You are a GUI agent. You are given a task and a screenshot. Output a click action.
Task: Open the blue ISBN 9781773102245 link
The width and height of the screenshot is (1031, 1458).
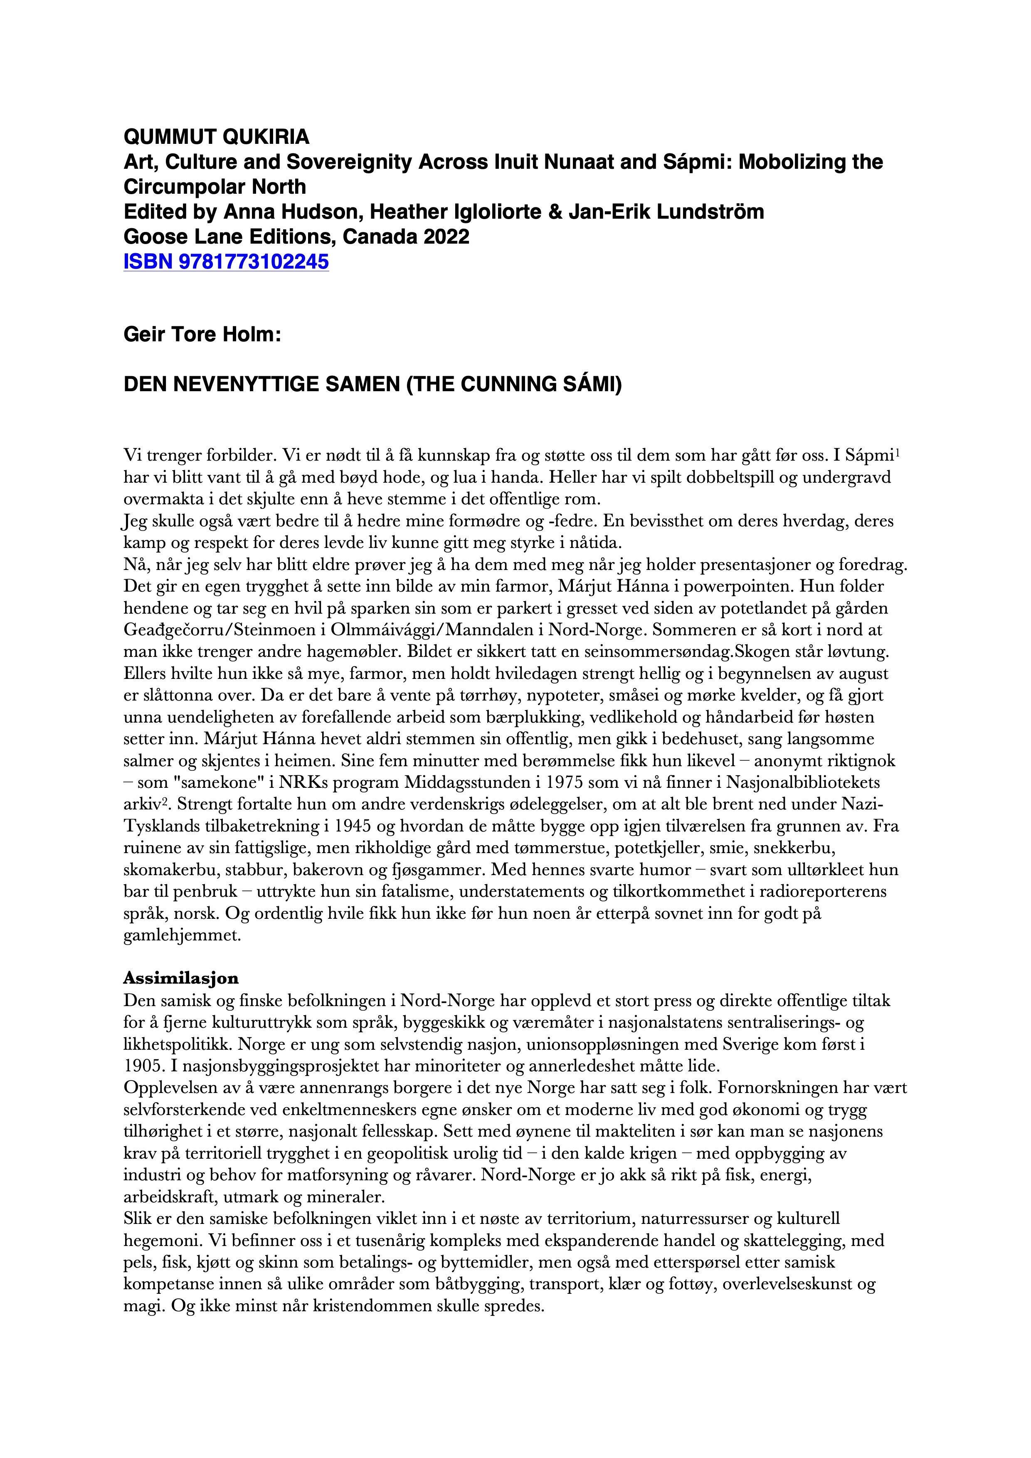click(x=226, y=262)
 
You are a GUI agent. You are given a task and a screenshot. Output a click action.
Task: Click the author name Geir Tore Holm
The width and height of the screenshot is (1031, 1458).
click(x=202, y=334)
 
